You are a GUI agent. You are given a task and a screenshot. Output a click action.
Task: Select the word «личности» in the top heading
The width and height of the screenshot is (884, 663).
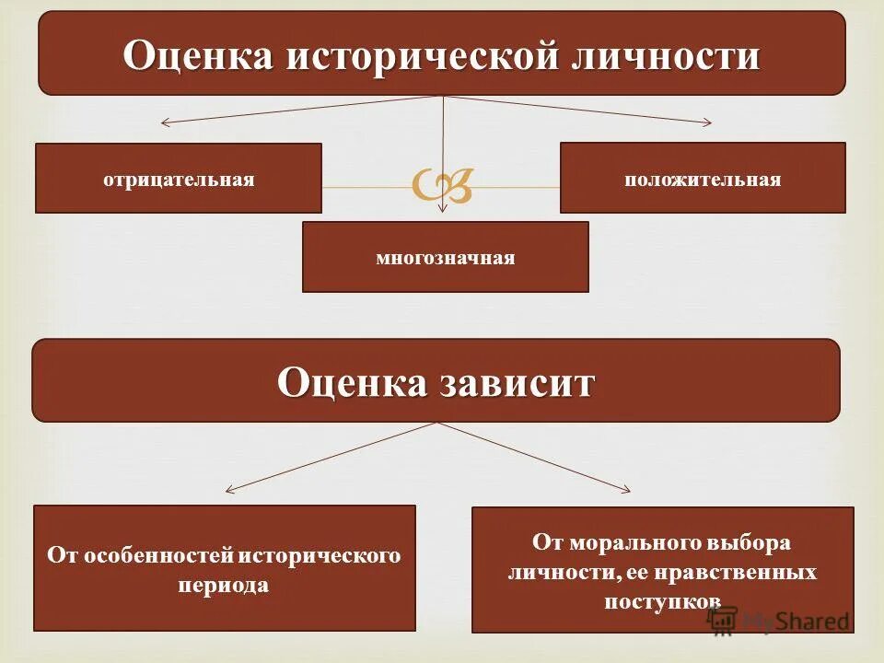tap(668, 55)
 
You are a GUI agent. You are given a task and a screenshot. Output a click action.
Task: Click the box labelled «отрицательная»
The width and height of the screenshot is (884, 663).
tap(179, 179)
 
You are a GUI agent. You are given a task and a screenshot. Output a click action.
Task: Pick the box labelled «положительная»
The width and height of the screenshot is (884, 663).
tap(703, 179)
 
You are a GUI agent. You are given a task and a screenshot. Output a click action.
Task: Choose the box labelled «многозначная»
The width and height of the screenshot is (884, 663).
tap(445, 257)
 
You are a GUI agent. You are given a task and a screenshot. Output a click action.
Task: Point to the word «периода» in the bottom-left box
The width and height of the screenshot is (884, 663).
tap(225, 585)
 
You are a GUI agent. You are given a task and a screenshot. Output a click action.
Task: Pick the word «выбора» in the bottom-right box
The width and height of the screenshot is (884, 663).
tap(751, 543)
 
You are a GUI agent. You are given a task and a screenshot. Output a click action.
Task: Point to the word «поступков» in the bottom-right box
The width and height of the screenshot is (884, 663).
tap(662, 600)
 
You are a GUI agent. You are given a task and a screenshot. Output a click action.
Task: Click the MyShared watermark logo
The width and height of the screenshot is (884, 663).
tap(778, 620)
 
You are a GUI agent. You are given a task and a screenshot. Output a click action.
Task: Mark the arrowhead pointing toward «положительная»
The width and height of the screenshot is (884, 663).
tap(708, 122)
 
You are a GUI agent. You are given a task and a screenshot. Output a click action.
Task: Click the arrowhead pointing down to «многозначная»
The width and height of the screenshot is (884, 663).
tap(444, 209)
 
